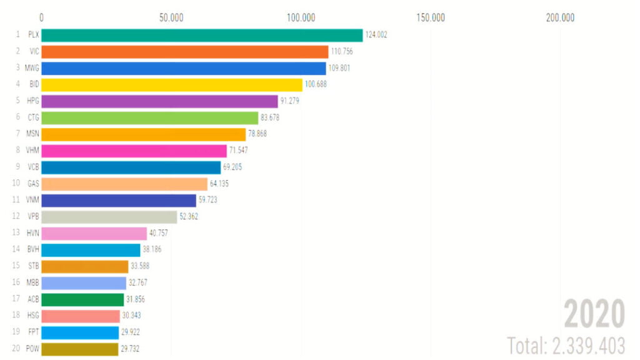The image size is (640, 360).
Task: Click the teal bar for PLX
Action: pos(202,35)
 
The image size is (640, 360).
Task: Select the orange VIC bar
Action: pos(185,51)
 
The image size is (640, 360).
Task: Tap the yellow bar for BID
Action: pos(172,84)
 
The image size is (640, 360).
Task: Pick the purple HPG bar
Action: pos(159,101)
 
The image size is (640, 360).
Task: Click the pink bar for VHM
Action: pos(134,151)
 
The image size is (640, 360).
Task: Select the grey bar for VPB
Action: pos(109,217)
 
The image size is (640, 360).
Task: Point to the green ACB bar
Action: pos(82,299)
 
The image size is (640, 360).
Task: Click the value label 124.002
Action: pos(376,35)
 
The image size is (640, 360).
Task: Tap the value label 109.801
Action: pos(339,68)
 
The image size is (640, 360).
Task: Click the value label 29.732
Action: pos(130,349)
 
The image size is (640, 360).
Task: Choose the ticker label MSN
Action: pos(32,134)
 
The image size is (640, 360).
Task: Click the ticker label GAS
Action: pos(33,184)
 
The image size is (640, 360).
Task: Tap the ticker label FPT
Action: pos(33,332)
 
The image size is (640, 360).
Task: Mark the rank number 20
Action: pos(17,349)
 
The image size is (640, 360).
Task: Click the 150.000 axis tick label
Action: pos(431,17)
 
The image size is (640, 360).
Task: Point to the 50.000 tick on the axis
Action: pos(171,17)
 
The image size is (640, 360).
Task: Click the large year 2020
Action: pos(594,314)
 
